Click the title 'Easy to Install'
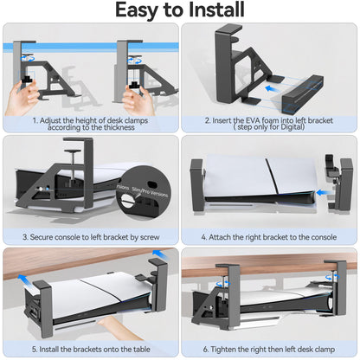click(x=180, y=10)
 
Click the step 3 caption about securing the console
click(x=90, y=236)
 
